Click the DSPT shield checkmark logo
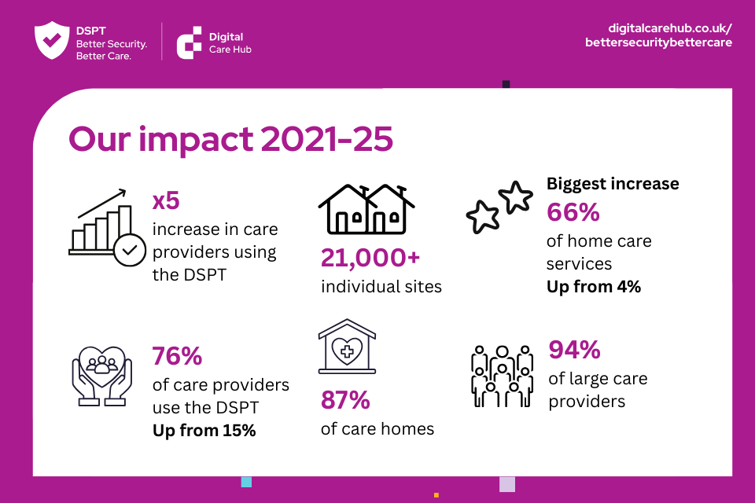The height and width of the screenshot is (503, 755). click(x=51, y=41)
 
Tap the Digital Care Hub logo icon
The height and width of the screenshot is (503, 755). click(x=189, y=42)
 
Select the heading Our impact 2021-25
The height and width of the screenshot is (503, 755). click(x=230, y=139)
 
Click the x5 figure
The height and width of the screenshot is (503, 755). click(x=166, y=201)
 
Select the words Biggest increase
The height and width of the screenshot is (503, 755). click(x=613, y=184)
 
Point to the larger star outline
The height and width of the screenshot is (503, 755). click(x=515, y=196)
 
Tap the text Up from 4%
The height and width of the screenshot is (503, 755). click(x=593, y=287)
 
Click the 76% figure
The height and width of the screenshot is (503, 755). click(x=177, y=357)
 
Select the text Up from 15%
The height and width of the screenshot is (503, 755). click(x=204, y=431)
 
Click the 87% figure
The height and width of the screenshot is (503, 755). click(x=345, y=401)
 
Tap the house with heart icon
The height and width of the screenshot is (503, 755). click(x=347, y=347)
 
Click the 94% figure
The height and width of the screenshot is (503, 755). click(x=574, y=349)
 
